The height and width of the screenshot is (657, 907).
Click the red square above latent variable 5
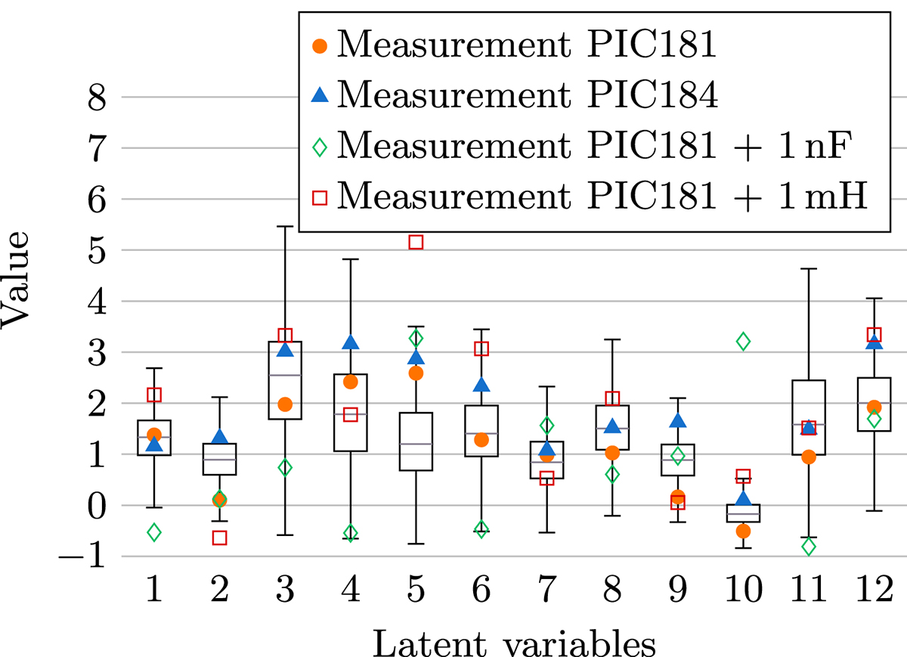416,242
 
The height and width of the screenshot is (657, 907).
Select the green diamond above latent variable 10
743,342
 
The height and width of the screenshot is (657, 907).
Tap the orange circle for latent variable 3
285,404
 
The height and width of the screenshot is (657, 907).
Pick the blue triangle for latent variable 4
351,342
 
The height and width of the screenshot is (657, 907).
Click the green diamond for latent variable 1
154,532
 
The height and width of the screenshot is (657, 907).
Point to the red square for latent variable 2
220,538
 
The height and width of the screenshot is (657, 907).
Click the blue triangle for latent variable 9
678,421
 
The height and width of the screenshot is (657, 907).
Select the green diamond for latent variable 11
809,546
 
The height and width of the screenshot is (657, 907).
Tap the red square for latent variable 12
874,335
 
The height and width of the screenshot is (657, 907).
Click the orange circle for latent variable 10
743,531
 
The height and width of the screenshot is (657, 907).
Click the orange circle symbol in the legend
320,46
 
